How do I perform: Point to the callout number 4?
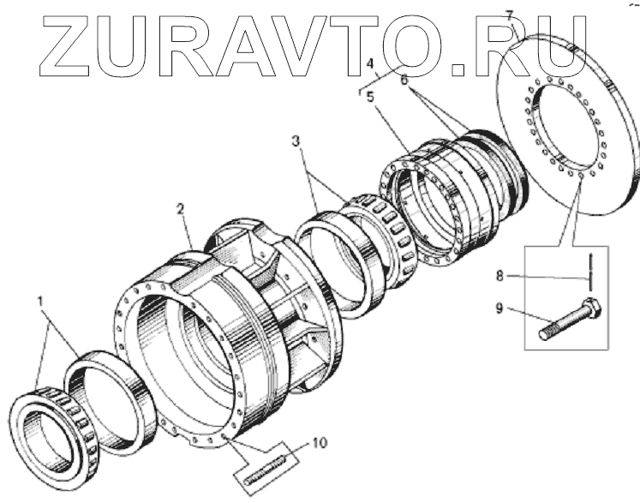370,64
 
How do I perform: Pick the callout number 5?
370,97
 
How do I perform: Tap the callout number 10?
318,443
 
